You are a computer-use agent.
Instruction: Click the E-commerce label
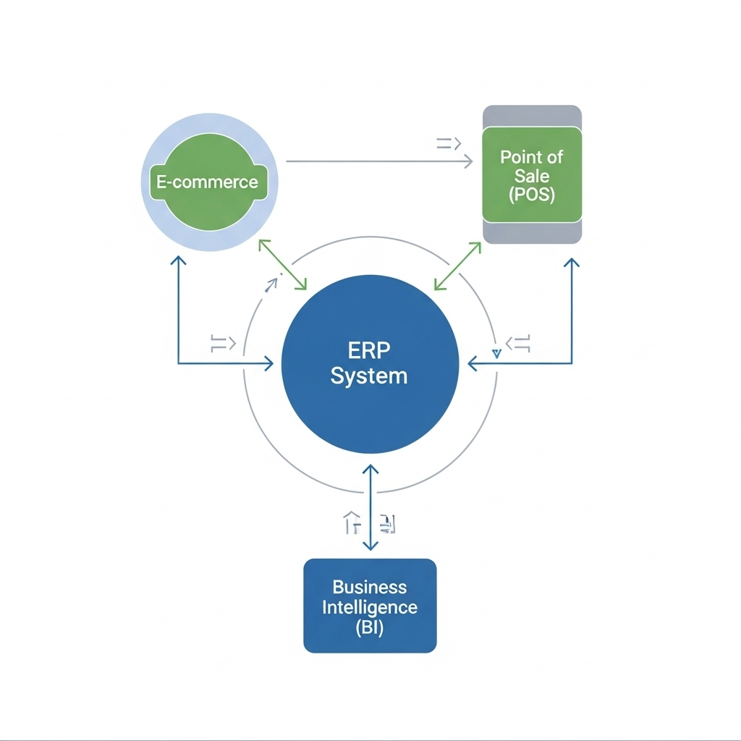coord(207,181)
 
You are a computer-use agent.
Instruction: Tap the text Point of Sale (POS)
coord(531,176)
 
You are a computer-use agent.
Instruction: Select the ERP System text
coord(369,363)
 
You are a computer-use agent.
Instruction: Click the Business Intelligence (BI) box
coord(370,606)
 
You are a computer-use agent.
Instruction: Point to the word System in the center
coord(369,376)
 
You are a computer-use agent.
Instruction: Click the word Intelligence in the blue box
coord(370,606)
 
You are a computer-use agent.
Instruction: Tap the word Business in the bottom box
coord(369,587)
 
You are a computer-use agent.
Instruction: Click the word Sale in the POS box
coord(532,176)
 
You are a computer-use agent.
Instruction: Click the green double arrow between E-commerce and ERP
coord(283,266)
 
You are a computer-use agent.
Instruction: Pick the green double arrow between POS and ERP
coord(457,266)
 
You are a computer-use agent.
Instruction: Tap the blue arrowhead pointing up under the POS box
coord(572,264)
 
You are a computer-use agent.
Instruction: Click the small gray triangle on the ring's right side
coord(496,354)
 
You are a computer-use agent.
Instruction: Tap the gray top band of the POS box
coord(532,116)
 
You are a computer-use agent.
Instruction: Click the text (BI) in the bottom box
coord(370,627)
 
